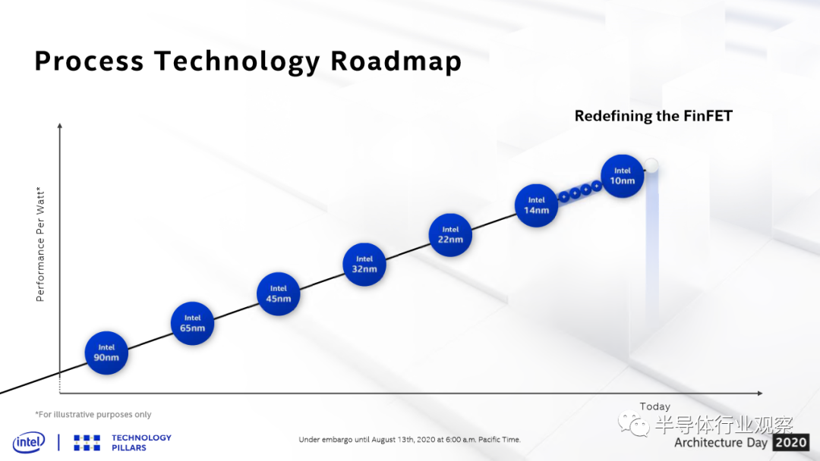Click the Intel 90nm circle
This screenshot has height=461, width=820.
pos(106,353)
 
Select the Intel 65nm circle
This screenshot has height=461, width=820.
pos(192,324)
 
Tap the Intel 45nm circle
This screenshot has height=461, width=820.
pos(278,294)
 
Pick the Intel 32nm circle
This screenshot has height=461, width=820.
pos(364,265)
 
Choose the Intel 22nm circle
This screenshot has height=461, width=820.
pos(450,235)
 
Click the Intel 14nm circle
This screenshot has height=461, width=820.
pos(537,205)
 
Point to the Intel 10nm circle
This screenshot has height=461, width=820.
pos(623,176)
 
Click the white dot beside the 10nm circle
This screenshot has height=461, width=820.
pos(651,166)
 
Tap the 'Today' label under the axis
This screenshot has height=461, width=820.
pos(654,406)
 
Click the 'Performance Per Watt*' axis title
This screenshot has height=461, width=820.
pos(40,244)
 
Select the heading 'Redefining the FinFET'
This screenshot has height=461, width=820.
pos(654,116)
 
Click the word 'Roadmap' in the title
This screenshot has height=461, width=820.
pos(396,61)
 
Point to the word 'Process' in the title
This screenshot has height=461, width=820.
pos(89,61)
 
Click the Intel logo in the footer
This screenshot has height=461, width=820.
pos(29,443)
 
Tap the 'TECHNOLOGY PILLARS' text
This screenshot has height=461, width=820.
pos(141,443)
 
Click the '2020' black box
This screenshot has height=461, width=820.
pos(790,443)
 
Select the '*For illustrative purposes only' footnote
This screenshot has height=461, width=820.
pos(93,415)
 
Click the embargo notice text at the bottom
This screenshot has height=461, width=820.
pos(409,440)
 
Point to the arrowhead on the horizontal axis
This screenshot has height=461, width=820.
pos(760,393)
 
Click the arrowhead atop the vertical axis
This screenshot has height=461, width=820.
pos(60,126)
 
